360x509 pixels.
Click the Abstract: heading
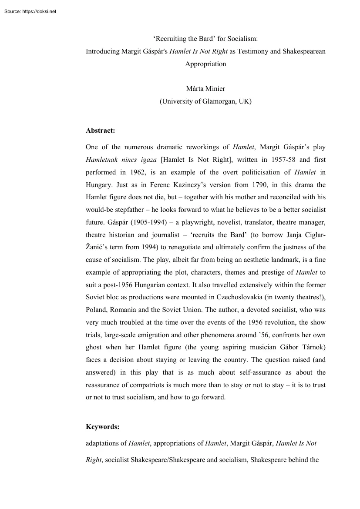101,130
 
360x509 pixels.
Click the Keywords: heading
103,427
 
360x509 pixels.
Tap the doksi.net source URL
39,11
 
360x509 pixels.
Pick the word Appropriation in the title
205,64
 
